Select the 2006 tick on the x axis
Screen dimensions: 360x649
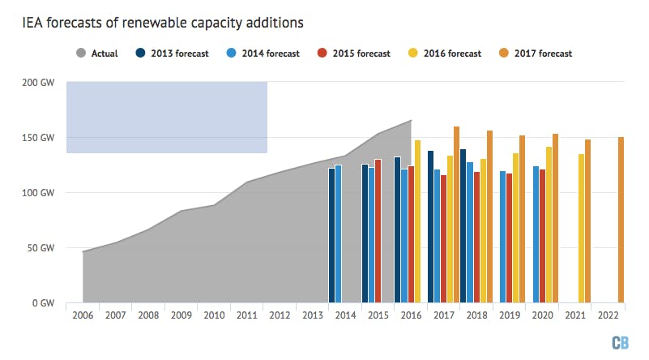(83, 315)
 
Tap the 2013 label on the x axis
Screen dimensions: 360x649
(314, 315)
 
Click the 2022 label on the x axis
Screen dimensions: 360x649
(609, 315)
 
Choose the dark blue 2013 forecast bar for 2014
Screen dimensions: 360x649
(331, 235)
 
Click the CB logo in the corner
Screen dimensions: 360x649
(620, 341)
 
